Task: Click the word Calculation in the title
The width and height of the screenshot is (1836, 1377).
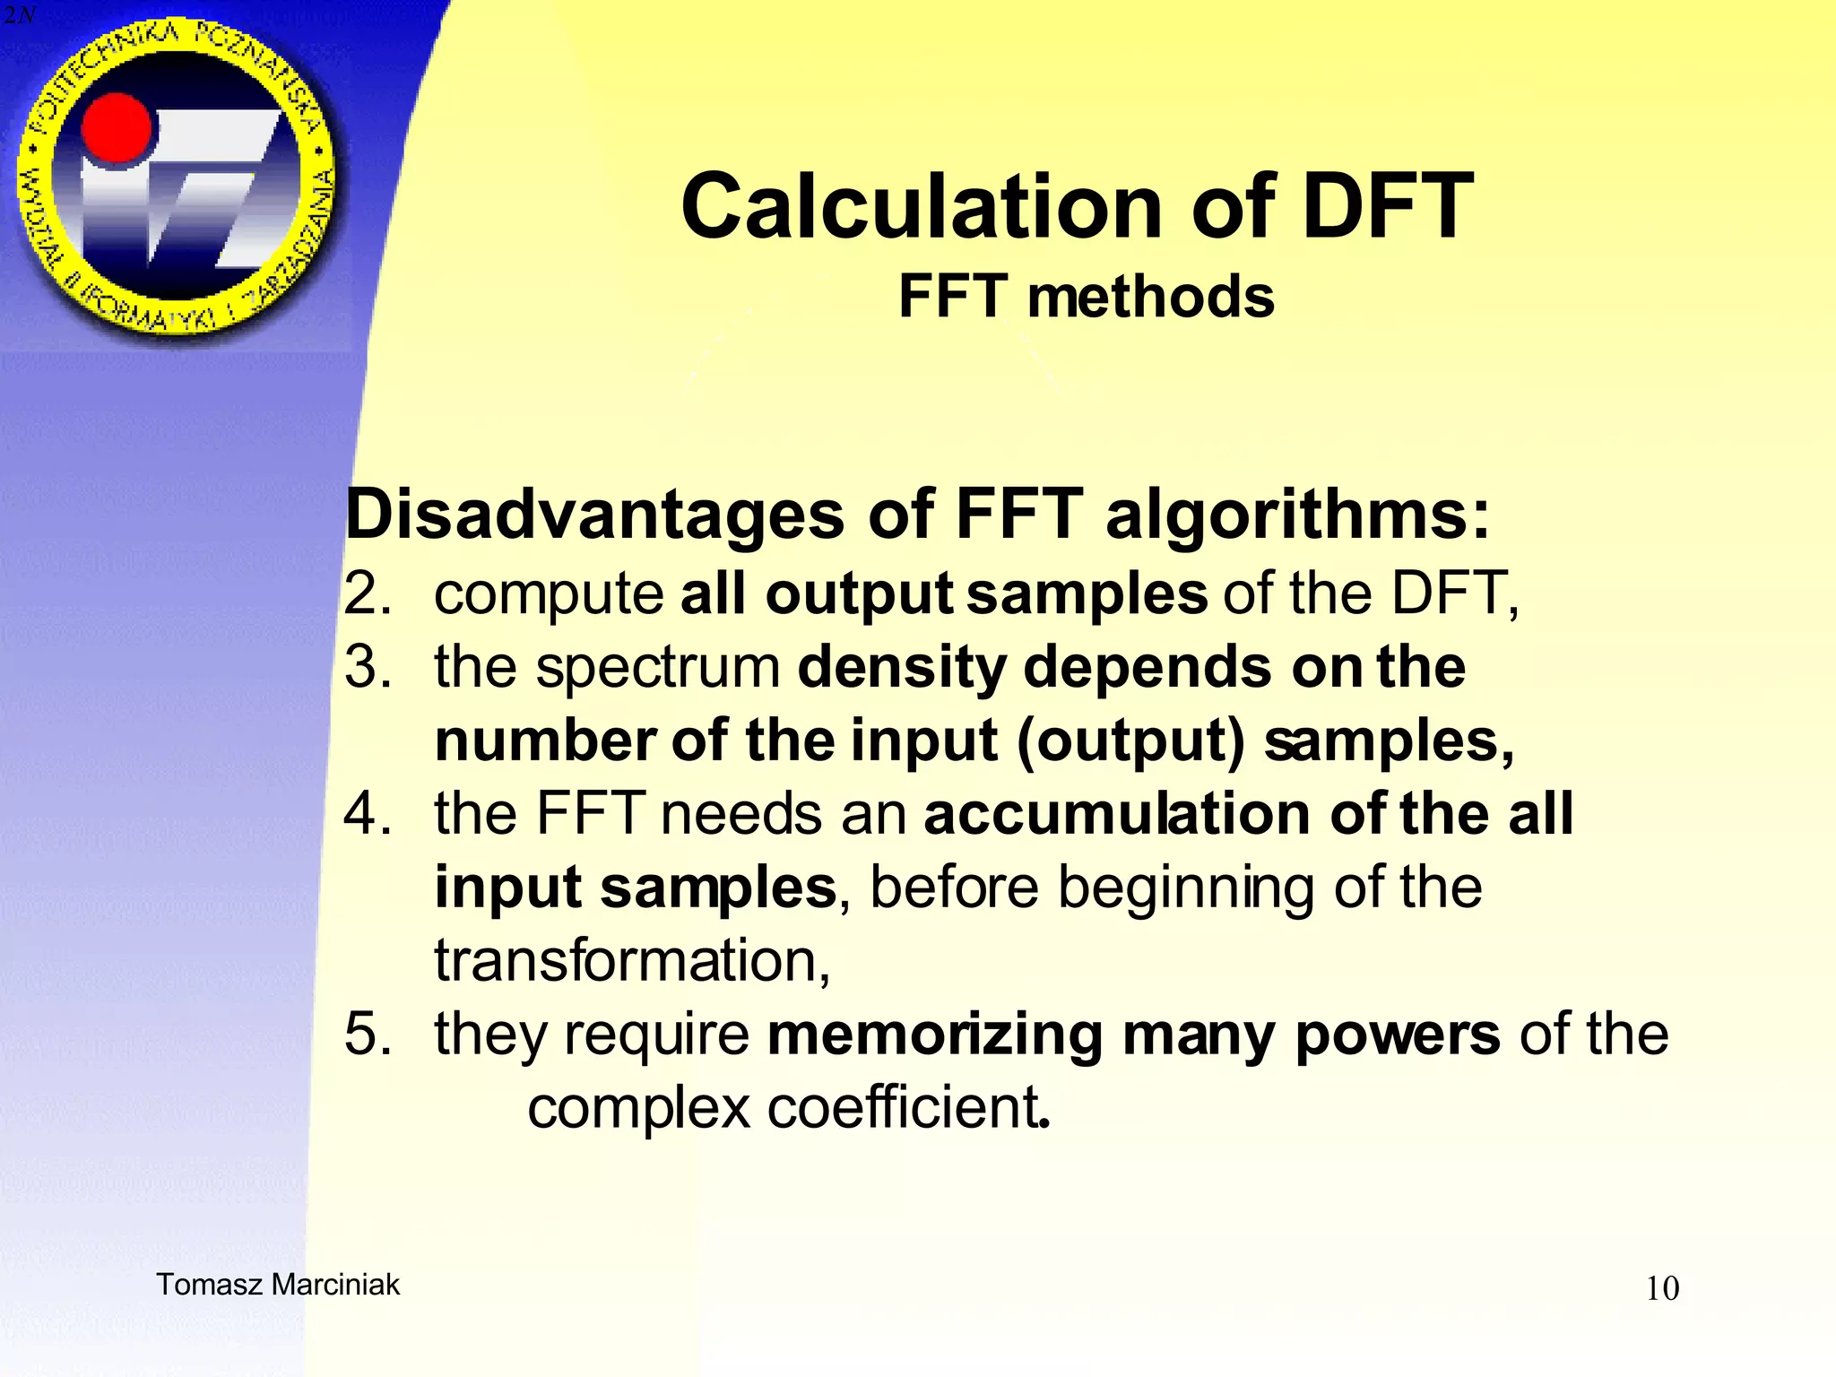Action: point(924,207)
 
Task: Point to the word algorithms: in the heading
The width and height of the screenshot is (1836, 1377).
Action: point(1298,516)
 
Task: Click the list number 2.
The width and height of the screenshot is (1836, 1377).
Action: point(368,593)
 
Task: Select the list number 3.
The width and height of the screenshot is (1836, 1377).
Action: point(368,667)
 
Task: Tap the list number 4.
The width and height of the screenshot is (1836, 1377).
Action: point(368,814)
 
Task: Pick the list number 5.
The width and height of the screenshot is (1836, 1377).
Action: point(368,1034)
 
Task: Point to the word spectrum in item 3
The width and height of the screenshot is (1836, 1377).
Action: point(658,669)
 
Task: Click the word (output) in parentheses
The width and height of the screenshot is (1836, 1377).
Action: point(1130,742)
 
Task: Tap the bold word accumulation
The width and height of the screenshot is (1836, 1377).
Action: point(1117,814)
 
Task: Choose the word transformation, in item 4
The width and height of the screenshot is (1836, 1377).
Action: point(632,961)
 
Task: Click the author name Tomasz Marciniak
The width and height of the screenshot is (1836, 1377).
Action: point(278,1285)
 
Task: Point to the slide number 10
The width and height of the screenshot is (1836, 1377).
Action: point(1662,1289)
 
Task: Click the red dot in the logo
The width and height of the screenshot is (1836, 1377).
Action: point(116,127)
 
